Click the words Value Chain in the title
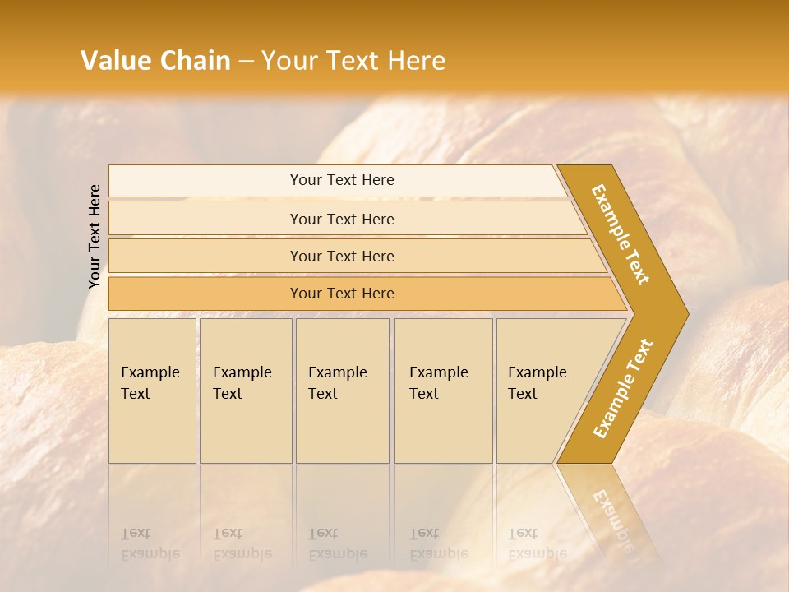155,61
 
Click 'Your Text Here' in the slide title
353,61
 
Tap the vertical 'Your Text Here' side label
95,236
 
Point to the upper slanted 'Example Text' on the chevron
621,234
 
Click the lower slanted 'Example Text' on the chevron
622,389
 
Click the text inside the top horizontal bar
342,180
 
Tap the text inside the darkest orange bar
342,294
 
